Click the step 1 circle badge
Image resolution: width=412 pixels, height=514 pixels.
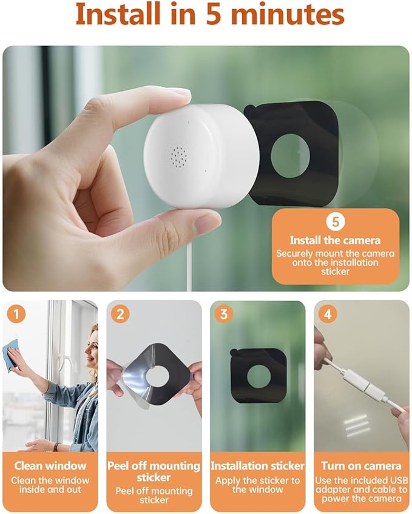click(x=17, y=314)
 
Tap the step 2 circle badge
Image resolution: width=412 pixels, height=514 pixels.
click(x=121, y=314)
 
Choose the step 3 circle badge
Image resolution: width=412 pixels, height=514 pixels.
click(x=225, y=314)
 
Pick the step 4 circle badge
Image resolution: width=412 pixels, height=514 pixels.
click(x=328, y=314)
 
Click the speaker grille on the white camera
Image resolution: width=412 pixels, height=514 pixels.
click(x=178, y=155)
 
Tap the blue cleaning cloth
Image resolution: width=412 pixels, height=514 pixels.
click(x=13, y=354)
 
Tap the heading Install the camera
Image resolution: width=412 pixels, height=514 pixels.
click(x=335, y=240)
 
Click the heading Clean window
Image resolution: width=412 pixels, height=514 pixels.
click(x=50, y=466)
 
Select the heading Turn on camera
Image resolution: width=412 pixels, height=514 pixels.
click(x=362, y=466)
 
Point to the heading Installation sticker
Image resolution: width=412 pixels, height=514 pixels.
click(x=257, y=466)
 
